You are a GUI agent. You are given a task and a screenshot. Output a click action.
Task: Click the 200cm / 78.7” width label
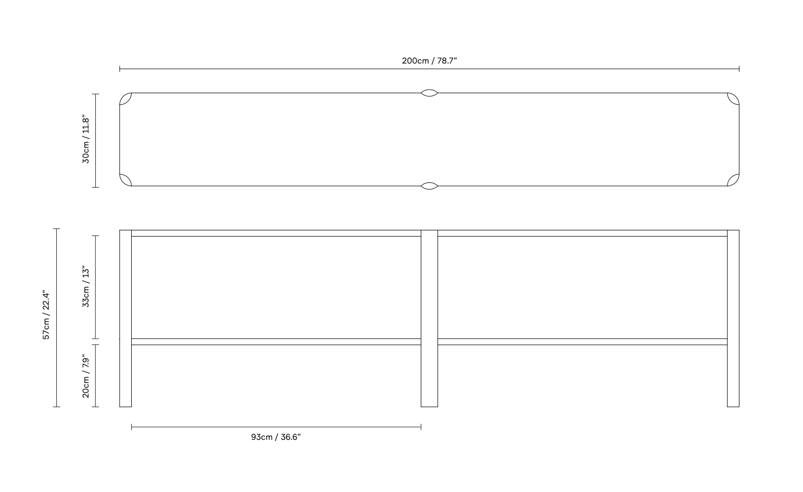[429, 60]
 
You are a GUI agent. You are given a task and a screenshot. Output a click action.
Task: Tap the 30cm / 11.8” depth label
[86, 139]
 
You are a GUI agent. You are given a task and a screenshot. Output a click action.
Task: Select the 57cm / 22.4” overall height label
[46, 315]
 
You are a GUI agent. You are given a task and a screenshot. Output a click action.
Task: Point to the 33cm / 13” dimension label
[86, 286]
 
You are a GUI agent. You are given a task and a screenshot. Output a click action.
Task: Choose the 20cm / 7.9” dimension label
[86, 376]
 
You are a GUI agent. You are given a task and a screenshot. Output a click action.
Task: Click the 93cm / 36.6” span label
[275, 437]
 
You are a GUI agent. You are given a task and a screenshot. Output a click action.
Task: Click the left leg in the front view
[126, 318]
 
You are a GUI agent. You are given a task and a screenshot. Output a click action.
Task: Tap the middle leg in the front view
[429, 318]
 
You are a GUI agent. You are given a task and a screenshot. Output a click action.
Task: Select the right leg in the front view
[733, 318]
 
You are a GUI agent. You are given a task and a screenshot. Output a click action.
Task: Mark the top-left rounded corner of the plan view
[126, 99]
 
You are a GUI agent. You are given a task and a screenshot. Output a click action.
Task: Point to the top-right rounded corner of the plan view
[733, 99]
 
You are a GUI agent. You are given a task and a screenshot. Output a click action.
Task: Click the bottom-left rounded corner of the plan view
[126, 180]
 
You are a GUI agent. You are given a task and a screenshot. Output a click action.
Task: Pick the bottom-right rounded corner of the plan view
[733, 180]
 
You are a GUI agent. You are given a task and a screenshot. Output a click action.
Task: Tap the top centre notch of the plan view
[429, 93]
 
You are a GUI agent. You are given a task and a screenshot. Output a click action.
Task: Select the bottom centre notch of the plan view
[429, 186]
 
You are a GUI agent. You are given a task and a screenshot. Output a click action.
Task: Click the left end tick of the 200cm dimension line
[120, 69]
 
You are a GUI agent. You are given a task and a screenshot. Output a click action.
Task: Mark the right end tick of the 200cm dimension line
[739, 69]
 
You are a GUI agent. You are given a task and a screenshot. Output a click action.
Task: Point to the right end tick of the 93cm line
[421, 427]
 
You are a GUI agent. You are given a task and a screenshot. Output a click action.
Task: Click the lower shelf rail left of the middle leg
[276, 341]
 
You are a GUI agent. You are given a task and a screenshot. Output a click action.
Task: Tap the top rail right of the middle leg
[583, 233]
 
